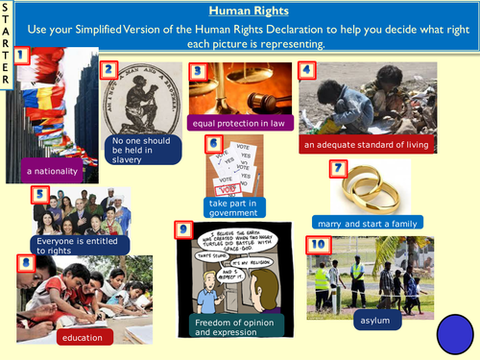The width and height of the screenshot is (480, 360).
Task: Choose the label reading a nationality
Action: (50, 171)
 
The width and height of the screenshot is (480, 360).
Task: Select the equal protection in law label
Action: (238, 122)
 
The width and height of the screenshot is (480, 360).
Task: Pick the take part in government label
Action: (235, 206)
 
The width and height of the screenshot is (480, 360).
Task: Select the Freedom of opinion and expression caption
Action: (239, 327)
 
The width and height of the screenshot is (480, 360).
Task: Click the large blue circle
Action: (456, 335)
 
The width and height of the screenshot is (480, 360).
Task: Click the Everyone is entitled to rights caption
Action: (72, 245)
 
